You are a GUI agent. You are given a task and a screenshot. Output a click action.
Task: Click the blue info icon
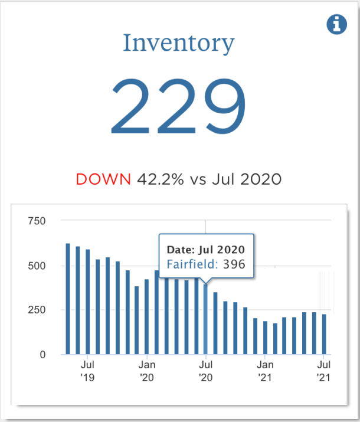click(x=337, y=25)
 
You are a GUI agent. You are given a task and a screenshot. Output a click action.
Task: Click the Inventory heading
click(x=179, y=43)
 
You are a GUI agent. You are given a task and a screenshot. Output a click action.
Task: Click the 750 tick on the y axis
click(x=37, y=221)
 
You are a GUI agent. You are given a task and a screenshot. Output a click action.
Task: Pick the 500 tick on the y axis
click(x=37, y=266)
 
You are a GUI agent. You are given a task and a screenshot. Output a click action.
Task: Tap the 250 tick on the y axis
click(x=37, y=310)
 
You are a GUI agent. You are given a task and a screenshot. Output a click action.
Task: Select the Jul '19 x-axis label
click(x=87, y=371)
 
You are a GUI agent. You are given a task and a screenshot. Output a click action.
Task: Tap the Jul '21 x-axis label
click(x=323, y=371)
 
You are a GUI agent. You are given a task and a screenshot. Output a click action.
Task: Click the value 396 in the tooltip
click(x=233, y=265)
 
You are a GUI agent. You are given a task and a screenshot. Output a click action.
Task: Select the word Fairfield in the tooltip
click(x=192, y=265)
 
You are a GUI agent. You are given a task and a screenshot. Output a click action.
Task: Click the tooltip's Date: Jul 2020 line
click(x=205, y=249)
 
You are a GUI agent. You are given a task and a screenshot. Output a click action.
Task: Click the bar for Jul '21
click(x=324, y=334)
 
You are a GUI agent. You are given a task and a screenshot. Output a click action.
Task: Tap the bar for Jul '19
click(x=87, y=302)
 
